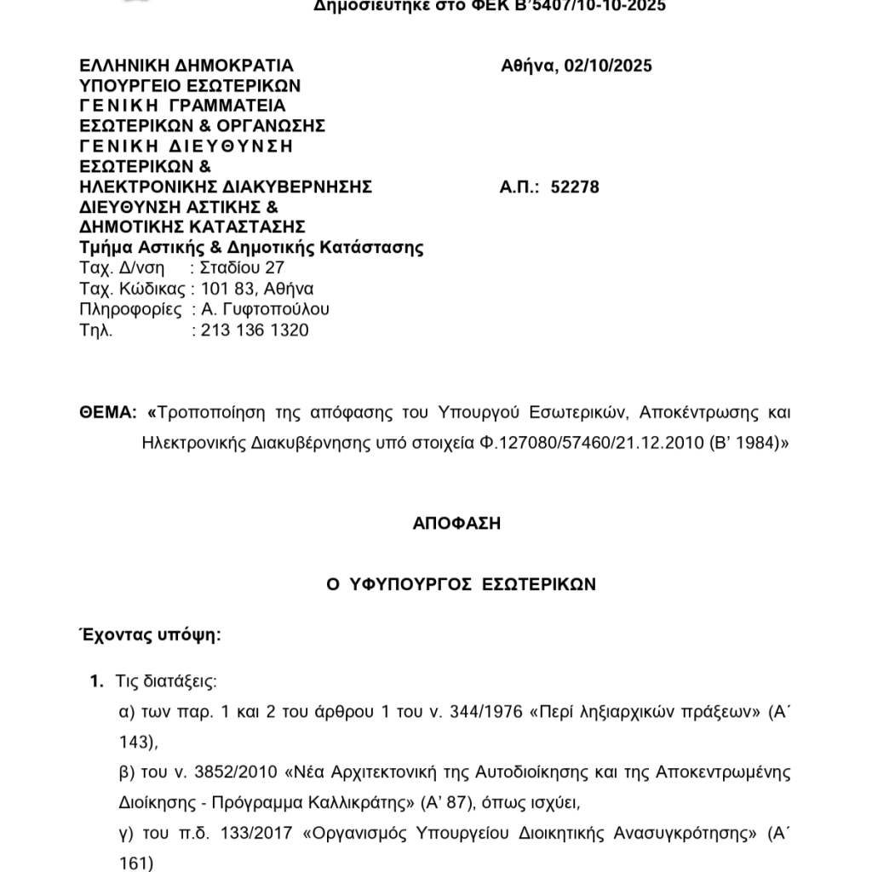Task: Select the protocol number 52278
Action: click(x=575, y=186)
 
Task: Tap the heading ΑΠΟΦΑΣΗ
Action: click(x=456, y=524)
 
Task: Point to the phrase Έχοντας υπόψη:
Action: click(x=151, y=636)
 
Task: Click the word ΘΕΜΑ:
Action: click(x=107, y=414)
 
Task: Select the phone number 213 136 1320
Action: click(x=255, y=330)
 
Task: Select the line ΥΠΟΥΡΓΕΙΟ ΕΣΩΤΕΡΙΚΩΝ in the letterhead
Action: click(x=190, y=86)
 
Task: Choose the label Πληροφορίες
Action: click(x=130, y=309)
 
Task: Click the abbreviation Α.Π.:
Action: click(x=520, y=186)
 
